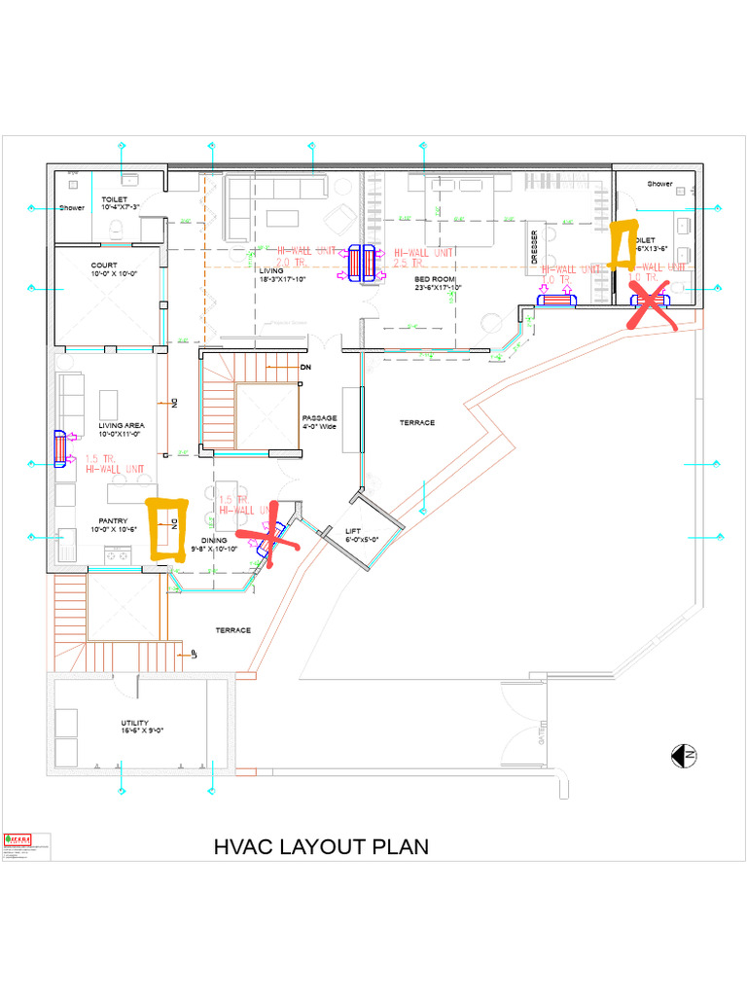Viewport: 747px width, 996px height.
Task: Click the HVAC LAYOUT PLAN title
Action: [x=321, y=846]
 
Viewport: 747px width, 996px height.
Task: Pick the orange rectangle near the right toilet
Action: [x=621, y=243]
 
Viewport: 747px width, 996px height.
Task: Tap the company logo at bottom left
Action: [x=18, y=838]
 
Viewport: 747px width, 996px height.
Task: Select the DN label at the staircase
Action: [x=304, y=368]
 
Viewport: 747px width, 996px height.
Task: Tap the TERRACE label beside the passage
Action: [x=416, y=423]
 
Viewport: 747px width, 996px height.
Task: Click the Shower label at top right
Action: [x=660, y=184]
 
